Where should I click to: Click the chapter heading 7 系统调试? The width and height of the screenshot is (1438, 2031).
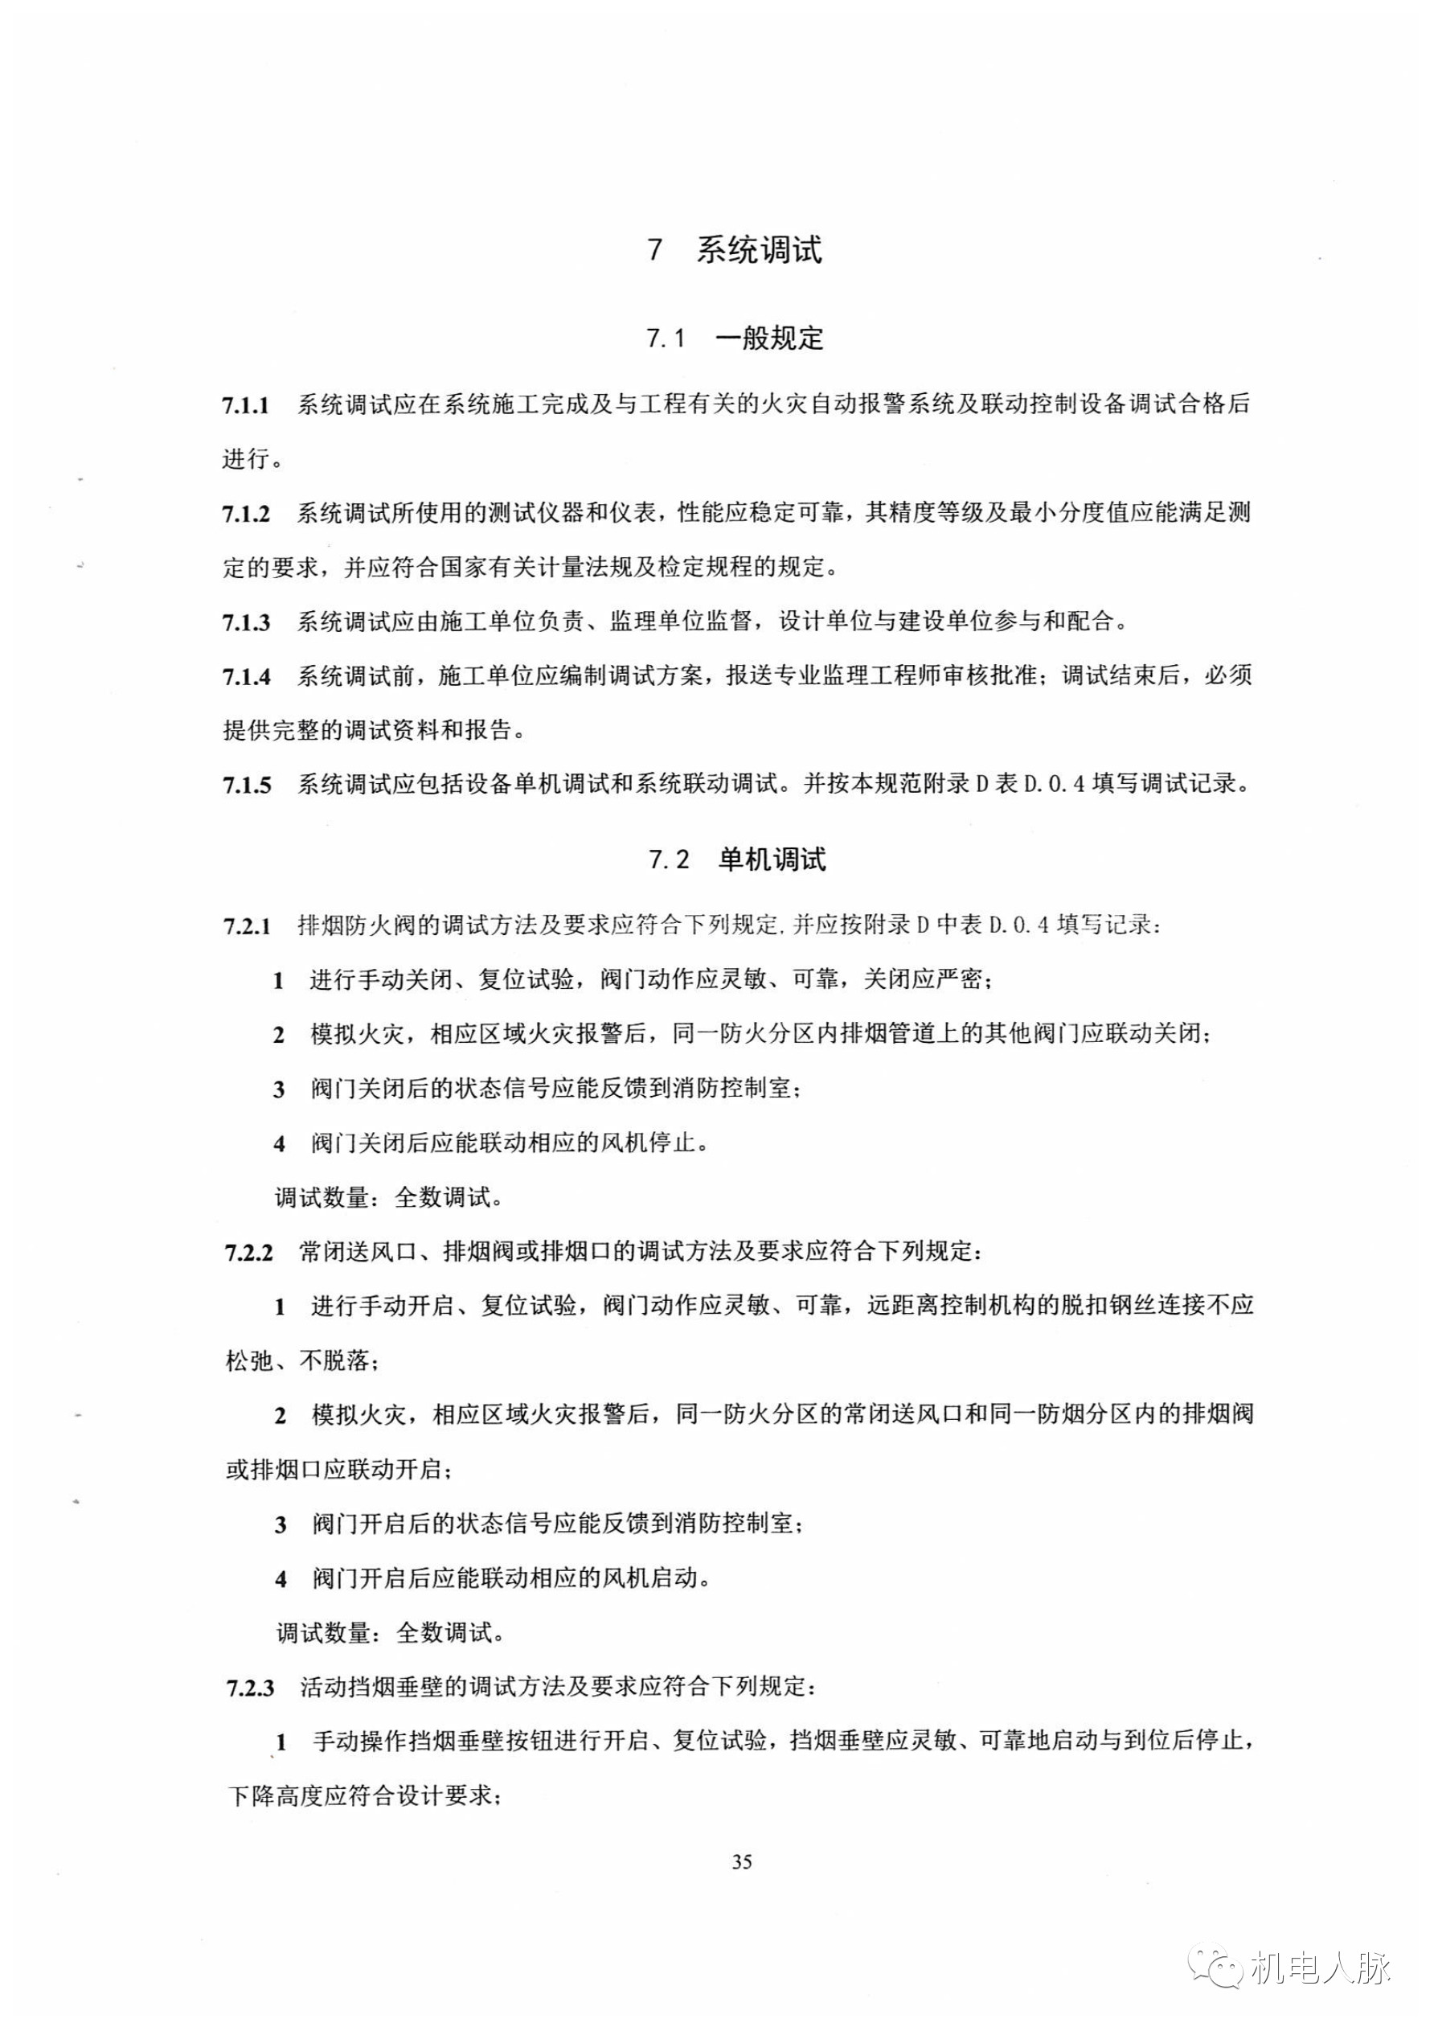[735, 250]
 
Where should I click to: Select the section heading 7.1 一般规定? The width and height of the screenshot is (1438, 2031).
[735, 338]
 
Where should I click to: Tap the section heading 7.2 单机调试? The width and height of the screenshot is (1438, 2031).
[737, 860]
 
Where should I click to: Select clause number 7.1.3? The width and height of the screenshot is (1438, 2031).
[245, 622]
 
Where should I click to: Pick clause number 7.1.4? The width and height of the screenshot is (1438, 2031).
[245, 678]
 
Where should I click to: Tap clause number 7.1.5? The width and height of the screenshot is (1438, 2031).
[245, 786]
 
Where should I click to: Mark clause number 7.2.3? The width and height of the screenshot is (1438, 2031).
[251, 1688]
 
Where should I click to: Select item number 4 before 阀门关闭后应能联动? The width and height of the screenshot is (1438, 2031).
[280, 1144]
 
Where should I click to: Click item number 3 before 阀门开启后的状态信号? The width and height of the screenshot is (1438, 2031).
[281, 1525]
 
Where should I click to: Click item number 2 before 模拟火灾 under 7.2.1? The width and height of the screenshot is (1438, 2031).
[279, 1036]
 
